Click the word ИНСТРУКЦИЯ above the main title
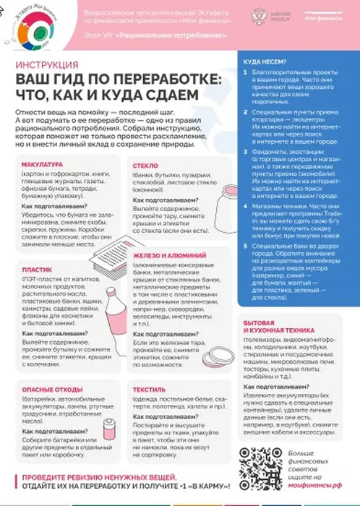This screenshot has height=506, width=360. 45,65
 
